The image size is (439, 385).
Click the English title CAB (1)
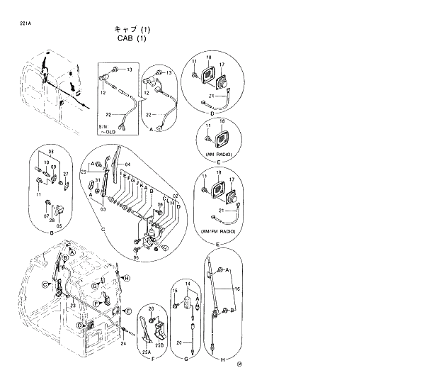(x=132, y=39)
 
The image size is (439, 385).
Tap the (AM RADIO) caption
(x=219, y=154)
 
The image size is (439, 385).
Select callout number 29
(x=84, y=173)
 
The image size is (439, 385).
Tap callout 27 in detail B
(x=66, y=173)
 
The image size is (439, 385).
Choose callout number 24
(x=123, y=344)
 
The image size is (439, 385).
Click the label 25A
(x=147, y=351)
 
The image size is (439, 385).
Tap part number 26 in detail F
(x=150, y=310)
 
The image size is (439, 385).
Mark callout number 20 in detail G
(x=179, y=343)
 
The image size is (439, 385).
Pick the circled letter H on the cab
(x=127, y=279)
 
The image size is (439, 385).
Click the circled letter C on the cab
(x=45, y=284)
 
